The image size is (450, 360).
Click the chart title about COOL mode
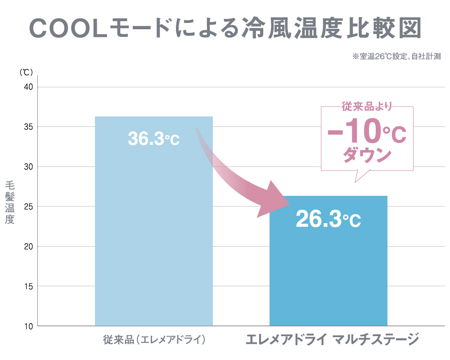[x=225, y=28]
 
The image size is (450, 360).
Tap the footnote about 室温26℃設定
[x=396, y=57]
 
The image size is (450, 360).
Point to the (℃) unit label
[x=26, y=72]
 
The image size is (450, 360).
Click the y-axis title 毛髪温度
[x=10, y=202]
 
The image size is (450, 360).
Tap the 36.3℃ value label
[x=153, y=139]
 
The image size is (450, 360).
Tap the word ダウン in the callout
[x=367, y=156]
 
